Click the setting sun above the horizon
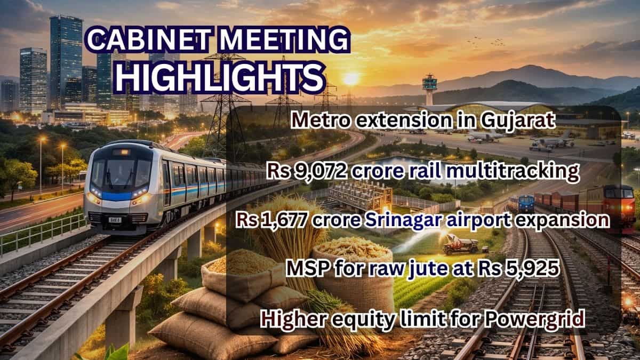click(x=351, y=79)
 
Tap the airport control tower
click(x=429, y=88)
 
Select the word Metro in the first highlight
click(x=319, y=122)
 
